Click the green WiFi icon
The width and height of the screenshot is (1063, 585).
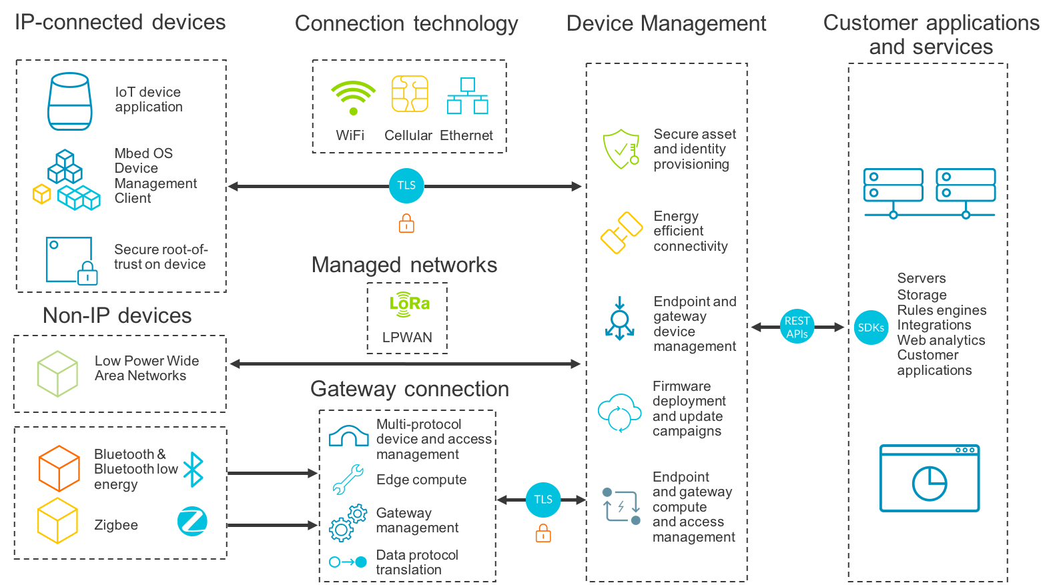point(353,97)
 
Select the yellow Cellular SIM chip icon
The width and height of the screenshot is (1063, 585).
point(410,94)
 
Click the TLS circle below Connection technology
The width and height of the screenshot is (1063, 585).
point(406,185)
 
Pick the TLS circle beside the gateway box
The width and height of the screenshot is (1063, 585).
point(543,500)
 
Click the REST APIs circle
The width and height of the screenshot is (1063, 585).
point(797,327)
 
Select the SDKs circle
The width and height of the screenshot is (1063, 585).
point(871,328)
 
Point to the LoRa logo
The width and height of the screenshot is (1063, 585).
point(409,304)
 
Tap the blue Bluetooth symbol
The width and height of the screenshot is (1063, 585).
point(194,470)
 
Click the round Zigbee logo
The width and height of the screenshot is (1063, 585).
point(192,522)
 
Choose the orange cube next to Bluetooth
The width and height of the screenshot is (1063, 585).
point(59,468)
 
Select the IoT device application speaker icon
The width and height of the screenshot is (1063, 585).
point(69,101)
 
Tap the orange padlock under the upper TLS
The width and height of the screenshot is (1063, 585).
point(406,223)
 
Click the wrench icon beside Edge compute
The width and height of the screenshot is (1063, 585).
point(348,480)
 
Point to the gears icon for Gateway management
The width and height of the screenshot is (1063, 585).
point(348,522)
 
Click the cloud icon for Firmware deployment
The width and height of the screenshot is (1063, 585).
point(620,412)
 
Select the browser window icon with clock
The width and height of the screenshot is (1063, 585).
point(929,478)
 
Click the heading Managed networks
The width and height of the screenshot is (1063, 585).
point(404,265)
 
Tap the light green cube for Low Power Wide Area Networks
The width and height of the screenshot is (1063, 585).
point(57,374)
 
